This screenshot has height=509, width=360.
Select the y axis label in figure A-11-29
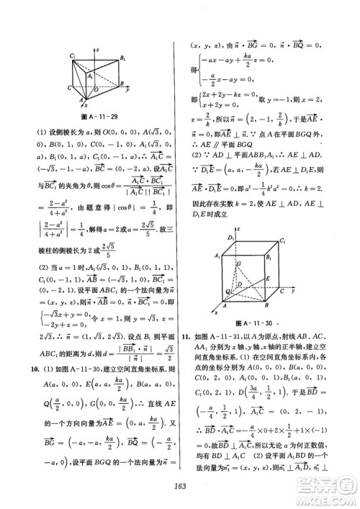point(127,91)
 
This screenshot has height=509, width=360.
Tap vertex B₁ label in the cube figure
point(269,256)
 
